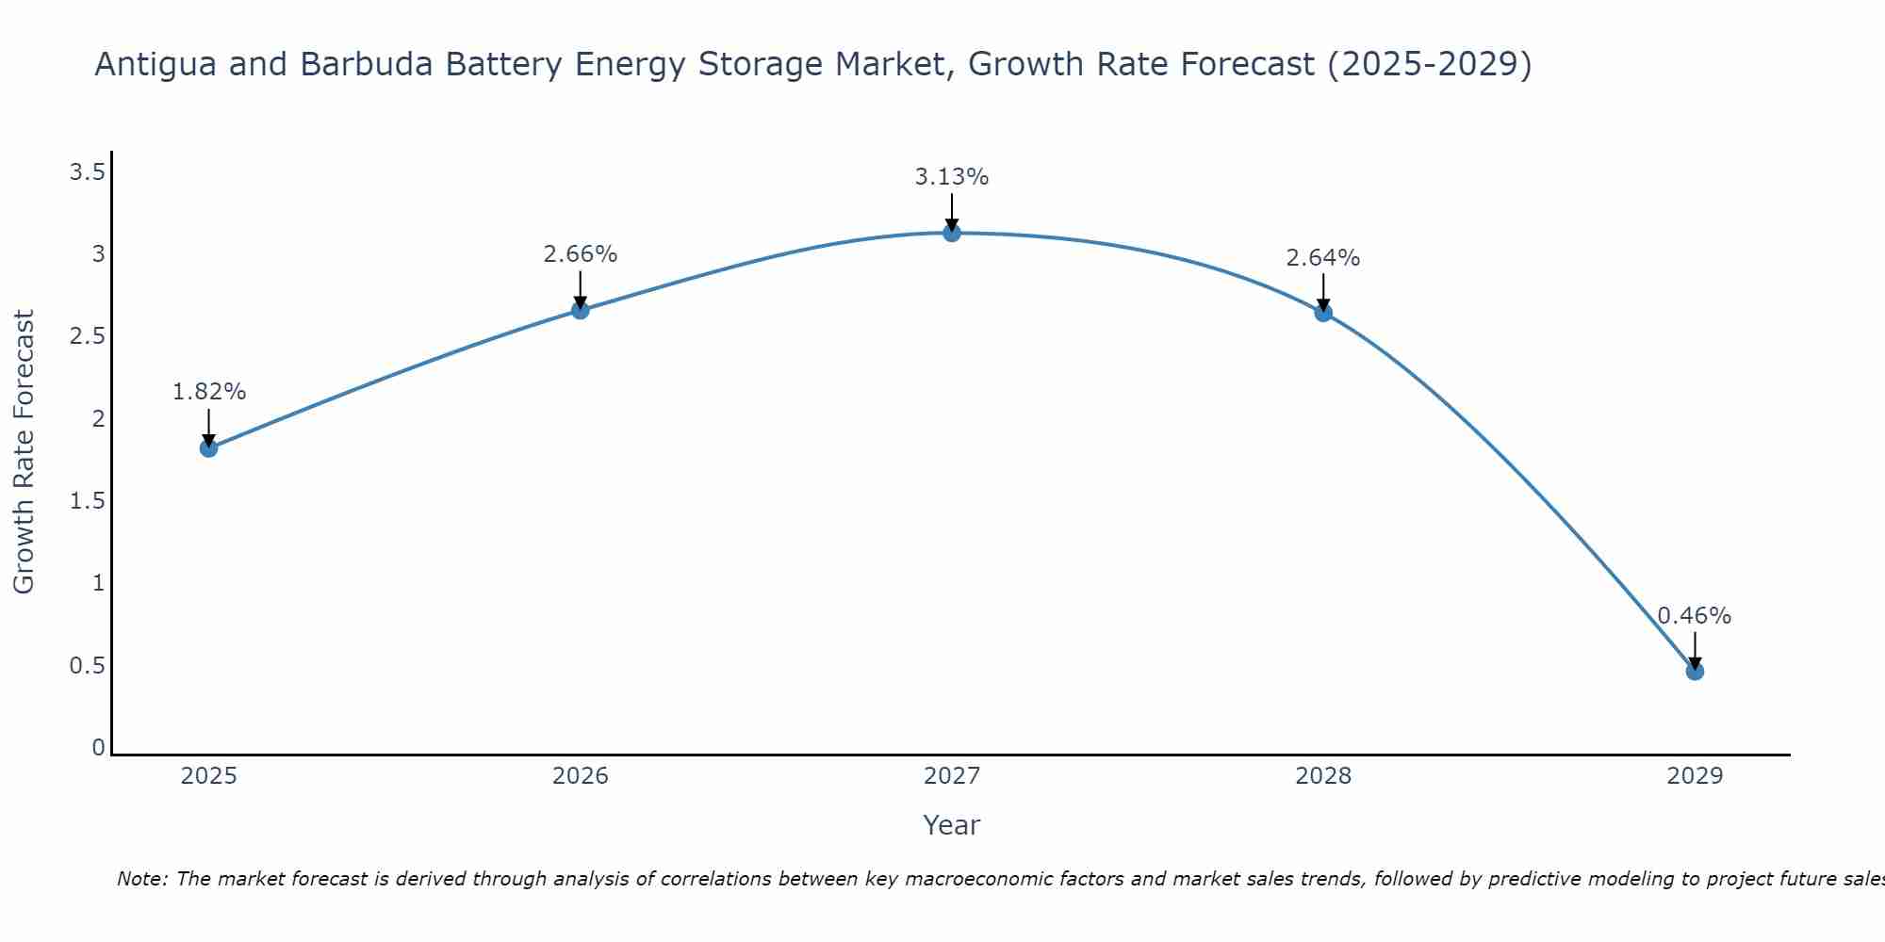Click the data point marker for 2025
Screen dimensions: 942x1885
[209, 448]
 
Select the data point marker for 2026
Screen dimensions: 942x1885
[581, 310]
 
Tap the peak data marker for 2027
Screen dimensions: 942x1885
[952, 233]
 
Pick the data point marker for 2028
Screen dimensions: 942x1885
[1323, 313]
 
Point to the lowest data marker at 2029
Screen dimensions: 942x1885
[1695, 672]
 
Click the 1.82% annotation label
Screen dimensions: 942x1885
[209, 392]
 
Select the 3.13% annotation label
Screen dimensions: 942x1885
[952, 177]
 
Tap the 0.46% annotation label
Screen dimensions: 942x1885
[1695, 616]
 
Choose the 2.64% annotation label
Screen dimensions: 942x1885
[1323, 258]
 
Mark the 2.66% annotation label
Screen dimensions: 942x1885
[581, 254]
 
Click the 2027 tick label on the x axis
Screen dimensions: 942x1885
[952, 776]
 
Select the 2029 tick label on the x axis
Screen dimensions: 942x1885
[1695, 776]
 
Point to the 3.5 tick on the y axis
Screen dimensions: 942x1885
[87, 172]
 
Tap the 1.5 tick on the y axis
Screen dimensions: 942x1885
[87, 501]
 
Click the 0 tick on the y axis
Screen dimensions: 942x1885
[98, 748]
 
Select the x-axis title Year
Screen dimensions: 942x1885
[952, 825]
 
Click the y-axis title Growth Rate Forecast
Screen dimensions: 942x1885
[25, 452]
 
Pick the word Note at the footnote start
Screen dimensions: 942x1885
[141, 880]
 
